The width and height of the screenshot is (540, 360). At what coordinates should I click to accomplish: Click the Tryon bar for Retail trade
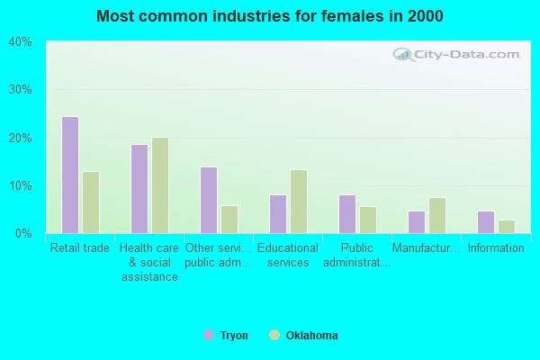tap(70, 175)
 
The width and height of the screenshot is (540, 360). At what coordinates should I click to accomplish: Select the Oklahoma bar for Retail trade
tap(91, 202)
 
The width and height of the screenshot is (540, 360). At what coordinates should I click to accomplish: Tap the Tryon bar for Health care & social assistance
tap(139, 189)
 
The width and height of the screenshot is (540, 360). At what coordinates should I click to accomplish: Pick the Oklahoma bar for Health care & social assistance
tap(160, 185)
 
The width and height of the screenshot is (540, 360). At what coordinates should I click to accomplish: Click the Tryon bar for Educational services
tap(278, 214)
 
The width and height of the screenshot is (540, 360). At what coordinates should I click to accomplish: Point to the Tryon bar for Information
tap(486, 222)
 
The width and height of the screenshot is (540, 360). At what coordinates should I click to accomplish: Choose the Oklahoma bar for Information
tap(507, 227)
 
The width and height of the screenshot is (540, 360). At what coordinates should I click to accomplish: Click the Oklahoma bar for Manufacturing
tap(437, 215)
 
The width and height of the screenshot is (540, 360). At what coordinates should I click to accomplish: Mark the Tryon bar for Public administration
tap(347, 214)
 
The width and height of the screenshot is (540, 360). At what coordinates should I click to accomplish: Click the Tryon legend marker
tap(209, 336)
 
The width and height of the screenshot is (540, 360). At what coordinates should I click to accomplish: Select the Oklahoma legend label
tap(311, 336)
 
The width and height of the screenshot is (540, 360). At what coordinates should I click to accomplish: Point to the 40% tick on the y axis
tap(21, 42)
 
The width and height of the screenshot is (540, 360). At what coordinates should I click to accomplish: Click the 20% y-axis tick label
tap(21, 138)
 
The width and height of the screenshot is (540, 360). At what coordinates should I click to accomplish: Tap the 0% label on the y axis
tap(23, 234)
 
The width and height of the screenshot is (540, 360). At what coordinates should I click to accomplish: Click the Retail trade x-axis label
tap(80, 248)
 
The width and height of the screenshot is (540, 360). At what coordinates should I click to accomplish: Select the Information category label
tap(496, 248)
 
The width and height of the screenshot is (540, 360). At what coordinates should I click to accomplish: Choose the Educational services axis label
tap(288, 256)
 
